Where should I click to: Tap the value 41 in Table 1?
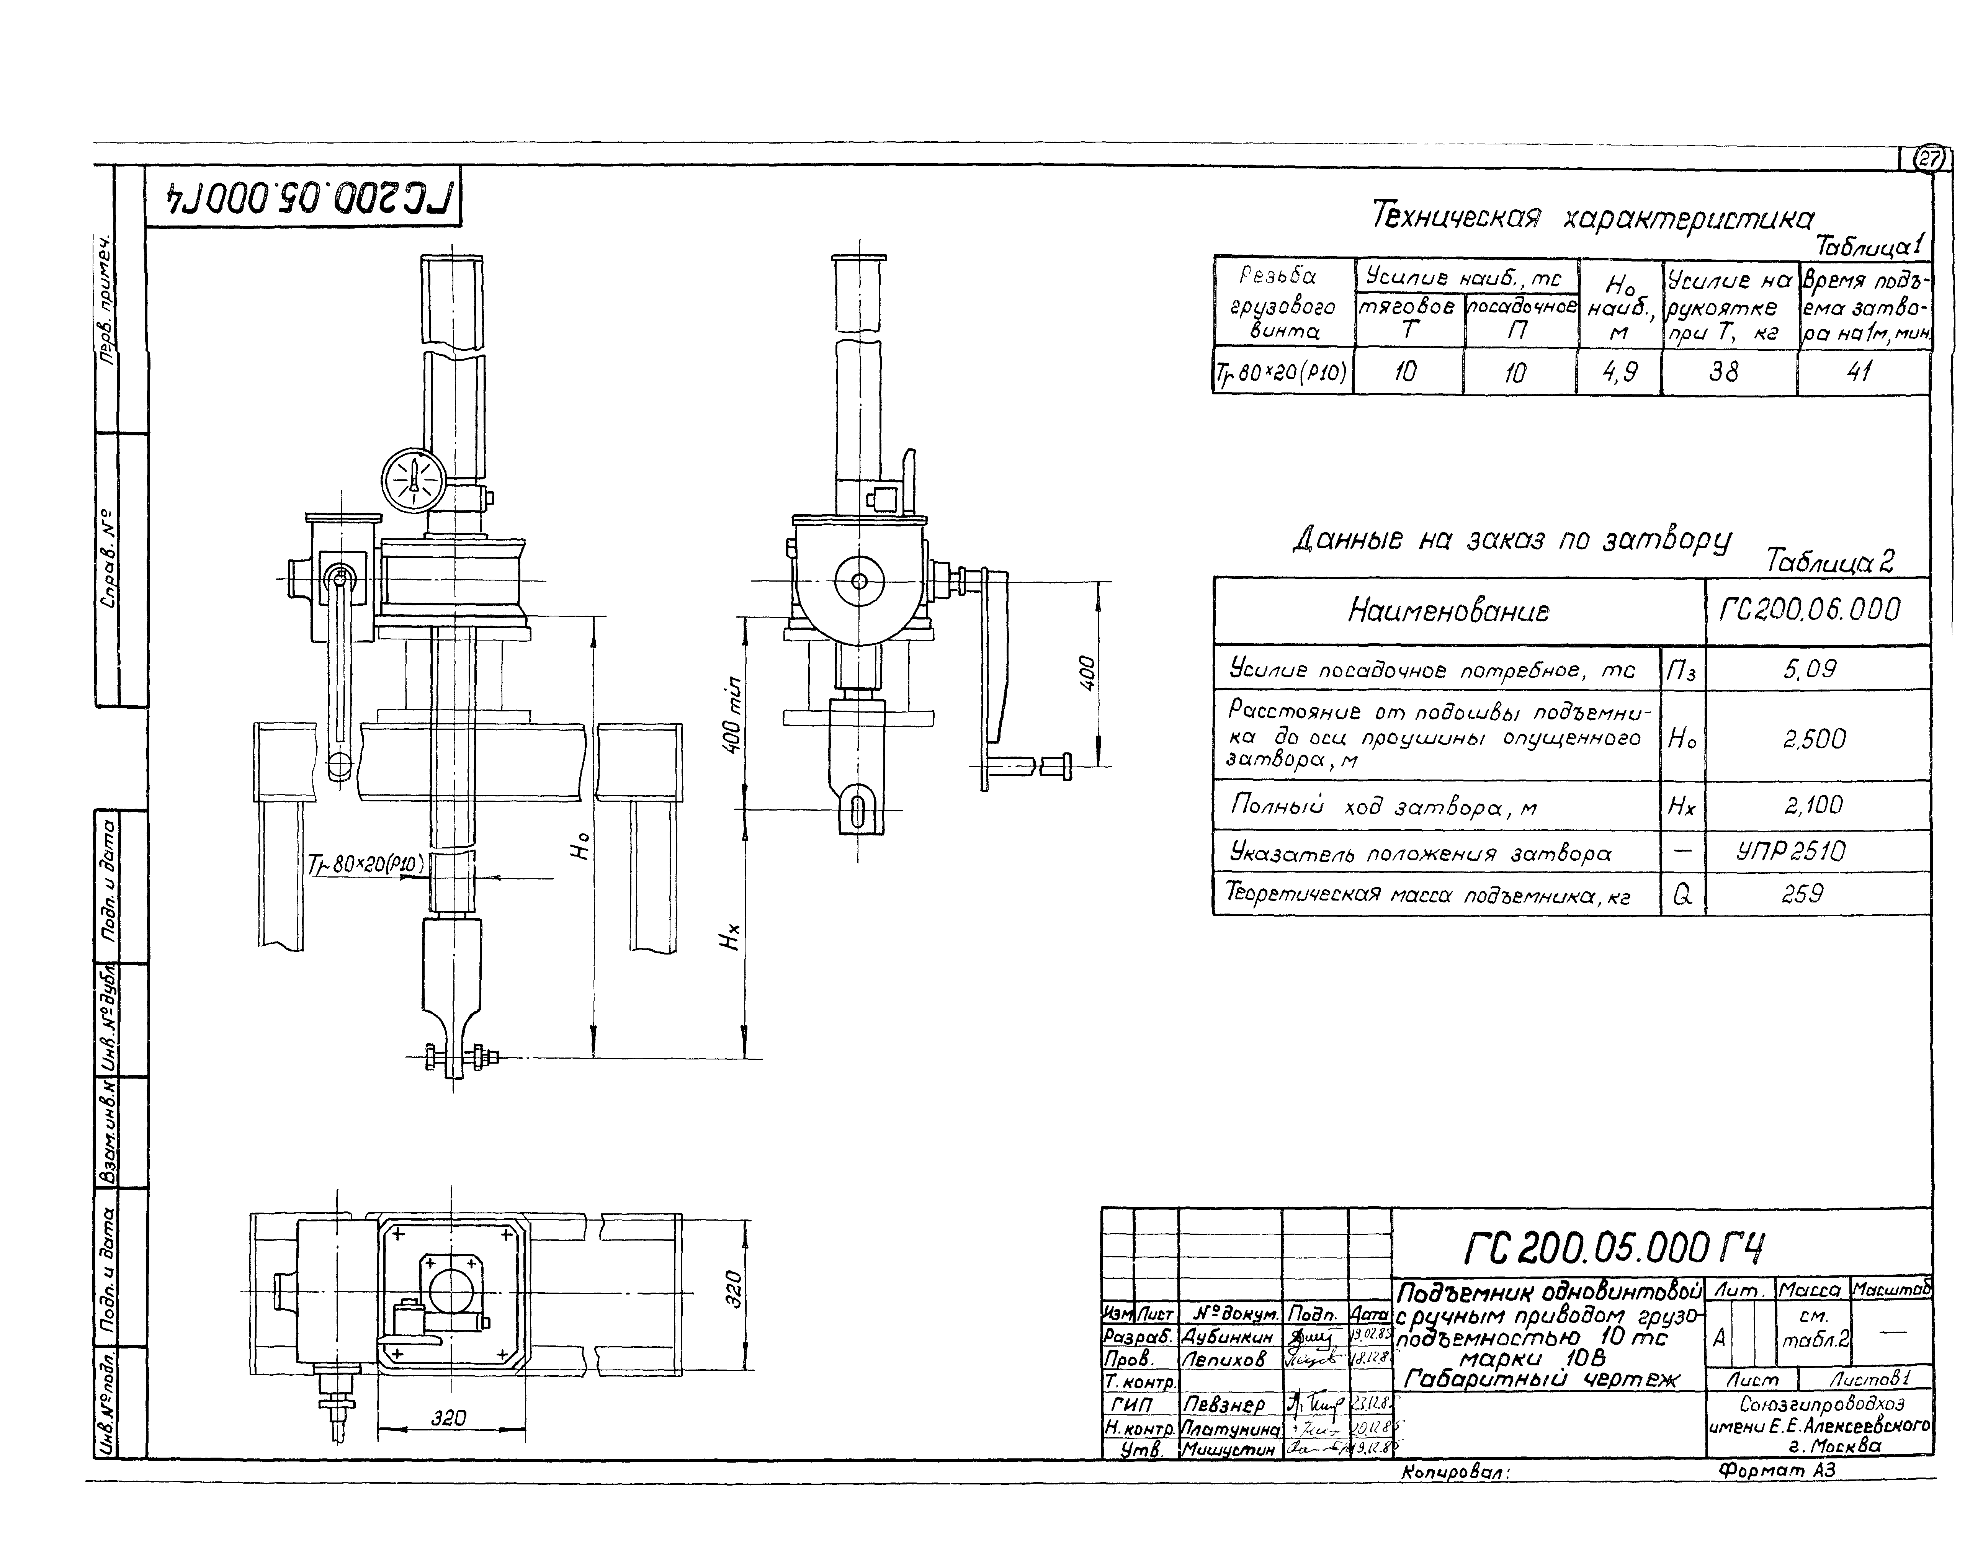pos(1859,372)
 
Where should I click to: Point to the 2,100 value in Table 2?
pos(1814,805)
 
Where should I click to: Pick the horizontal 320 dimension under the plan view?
pos(448,1418)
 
